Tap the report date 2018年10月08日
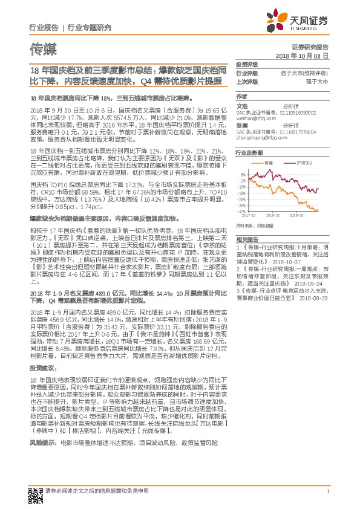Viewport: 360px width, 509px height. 306,55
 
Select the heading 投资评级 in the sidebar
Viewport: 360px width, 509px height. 247,63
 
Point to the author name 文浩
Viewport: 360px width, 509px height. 241,105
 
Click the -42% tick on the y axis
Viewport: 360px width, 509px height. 242,211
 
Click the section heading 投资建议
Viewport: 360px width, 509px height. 42,368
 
